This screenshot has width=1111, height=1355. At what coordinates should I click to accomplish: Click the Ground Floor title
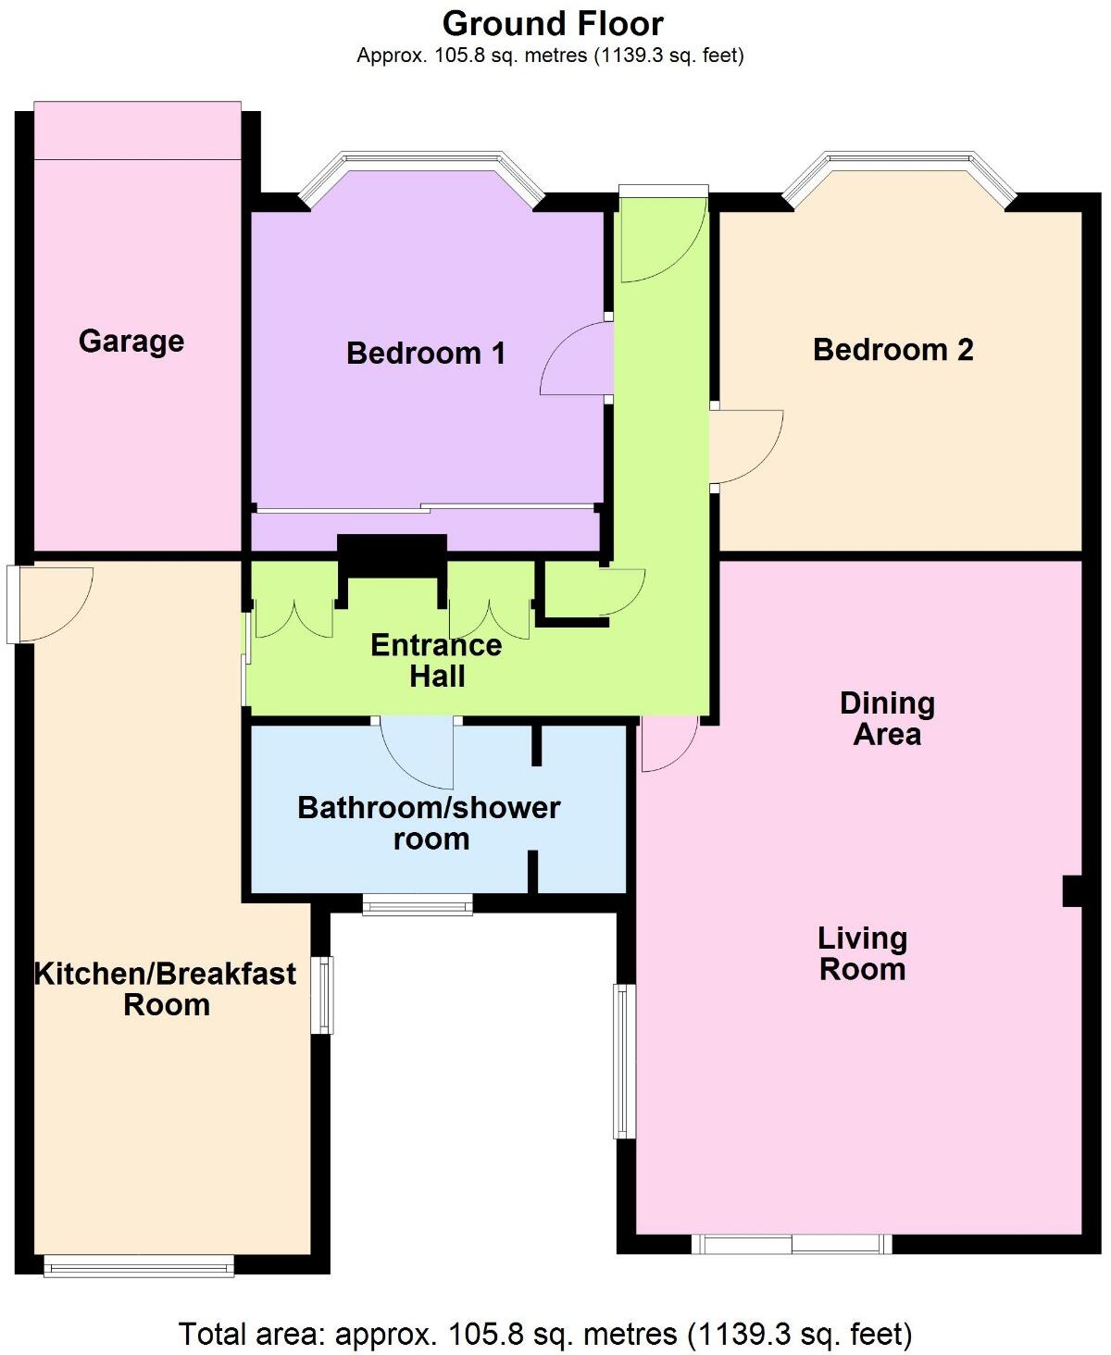tap(553, 23)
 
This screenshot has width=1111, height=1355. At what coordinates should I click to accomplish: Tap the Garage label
tap(131, 341)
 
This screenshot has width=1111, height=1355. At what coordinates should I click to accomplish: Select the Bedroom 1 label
tap(426, 353)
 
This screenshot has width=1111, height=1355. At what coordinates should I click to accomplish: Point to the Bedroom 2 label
tap(893, 350)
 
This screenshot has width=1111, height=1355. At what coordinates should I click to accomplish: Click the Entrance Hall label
tap(436, 660)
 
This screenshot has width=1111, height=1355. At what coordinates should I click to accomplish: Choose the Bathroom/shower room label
tap(429, 823)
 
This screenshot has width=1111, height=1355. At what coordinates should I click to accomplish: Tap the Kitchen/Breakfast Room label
tap(166, 988)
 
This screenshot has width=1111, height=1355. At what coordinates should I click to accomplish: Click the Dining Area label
tap(887, 718)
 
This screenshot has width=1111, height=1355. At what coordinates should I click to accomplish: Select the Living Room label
tap(862, 953)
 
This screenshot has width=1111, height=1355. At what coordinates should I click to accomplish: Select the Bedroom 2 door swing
tap(745, 445)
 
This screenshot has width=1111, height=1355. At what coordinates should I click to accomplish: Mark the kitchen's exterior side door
tap(51, 603)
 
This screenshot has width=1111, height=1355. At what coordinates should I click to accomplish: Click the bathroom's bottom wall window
tap(418, 904)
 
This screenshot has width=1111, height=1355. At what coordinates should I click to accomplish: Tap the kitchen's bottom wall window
tap(139, 1265)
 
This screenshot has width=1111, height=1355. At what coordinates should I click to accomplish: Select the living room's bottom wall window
tap(792, 1244)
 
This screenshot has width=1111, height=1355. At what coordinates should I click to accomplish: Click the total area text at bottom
tap(545, 1334)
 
